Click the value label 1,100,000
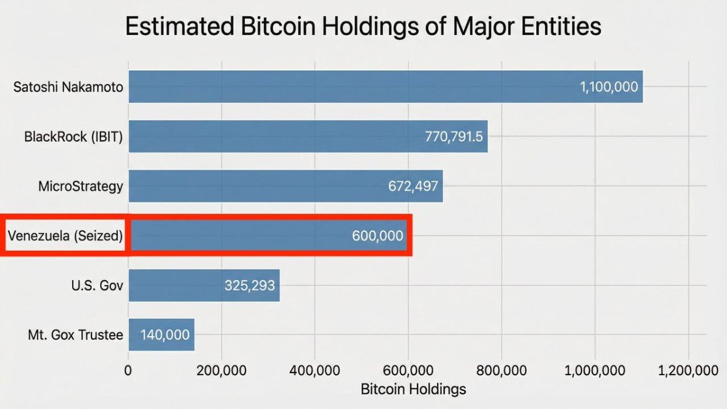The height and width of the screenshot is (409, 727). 608,87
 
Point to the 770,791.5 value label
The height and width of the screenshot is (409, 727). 454,136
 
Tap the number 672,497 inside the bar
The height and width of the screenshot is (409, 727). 413,186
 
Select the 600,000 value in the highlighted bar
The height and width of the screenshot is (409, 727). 376,236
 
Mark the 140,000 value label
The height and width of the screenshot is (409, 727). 165,334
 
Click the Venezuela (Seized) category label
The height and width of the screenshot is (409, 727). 65,236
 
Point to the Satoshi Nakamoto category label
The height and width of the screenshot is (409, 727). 68,87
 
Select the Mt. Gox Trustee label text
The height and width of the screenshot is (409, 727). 75,334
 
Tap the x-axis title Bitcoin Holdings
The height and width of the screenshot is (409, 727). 413,389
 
